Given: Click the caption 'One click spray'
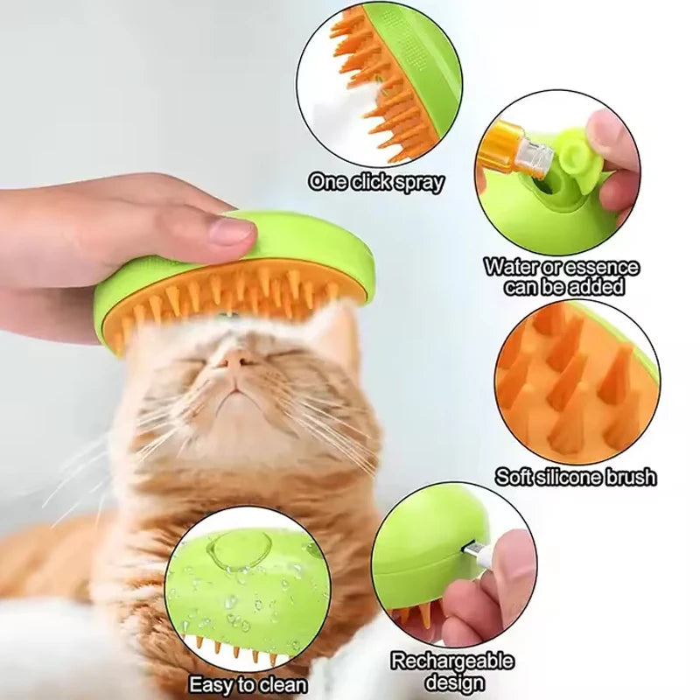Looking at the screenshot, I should click(x=376, y=182).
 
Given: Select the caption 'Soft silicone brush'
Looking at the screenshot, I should click(x=575, y=477).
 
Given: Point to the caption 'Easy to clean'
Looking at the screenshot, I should click(x=248, y=684).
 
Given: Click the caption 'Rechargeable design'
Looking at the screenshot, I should click(x=451, y=671).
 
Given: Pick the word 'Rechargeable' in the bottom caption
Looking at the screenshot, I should click(x=451, y=661).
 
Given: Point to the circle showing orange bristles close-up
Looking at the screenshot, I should click(x=577, y=383).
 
